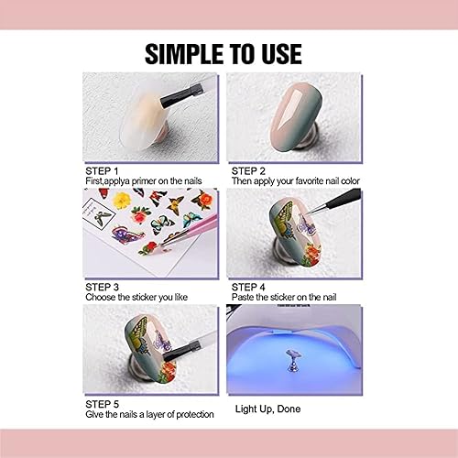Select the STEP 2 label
point(248,170)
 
